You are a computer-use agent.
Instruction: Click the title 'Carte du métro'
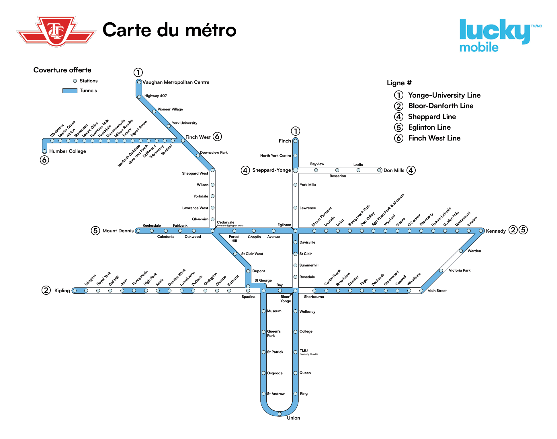pyautogui.click(x=169, y=30)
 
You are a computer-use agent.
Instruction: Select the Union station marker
pyautogui.click(x=280, y=414)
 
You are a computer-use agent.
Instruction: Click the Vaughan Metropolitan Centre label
pyautogui.click(x=176, y=82)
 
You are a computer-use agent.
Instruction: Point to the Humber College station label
pyautogui.click(x=67, y=151)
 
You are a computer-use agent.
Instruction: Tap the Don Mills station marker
pyautogui.click(x=379, y=170)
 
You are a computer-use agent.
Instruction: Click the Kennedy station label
pyautogui.click(x=496, y=231)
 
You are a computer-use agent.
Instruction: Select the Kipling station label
pyautogui.click(x=62, y=290)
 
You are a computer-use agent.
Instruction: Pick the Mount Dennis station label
pyautogui.click(x=118, y=231)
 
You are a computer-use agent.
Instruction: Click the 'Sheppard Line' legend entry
pyautogui.click(x=432, y=117)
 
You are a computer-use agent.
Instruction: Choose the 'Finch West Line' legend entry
pyautogui.click(x=434, y=138)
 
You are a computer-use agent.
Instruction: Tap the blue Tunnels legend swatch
pyautogui.click(x=70, y=91)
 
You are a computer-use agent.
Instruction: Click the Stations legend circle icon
pyautogui.click(x=75, y=81)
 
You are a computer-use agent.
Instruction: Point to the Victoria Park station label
pyautogui.click(x=459, y=270)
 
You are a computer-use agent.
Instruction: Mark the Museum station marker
pyautogui.click(x=263, y=311)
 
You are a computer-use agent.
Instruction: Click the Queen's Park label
pyautogui.click(x=273, y=333)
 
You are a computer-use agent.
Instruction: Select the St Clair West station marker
pyautogui.click(x=235, y=254)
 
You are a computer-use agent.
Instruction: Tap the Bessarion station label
pyautogui.click(x=337, y=176)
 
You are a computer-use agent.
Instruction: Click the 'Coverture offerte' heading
pyautogui.click(x=62, y=70)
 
